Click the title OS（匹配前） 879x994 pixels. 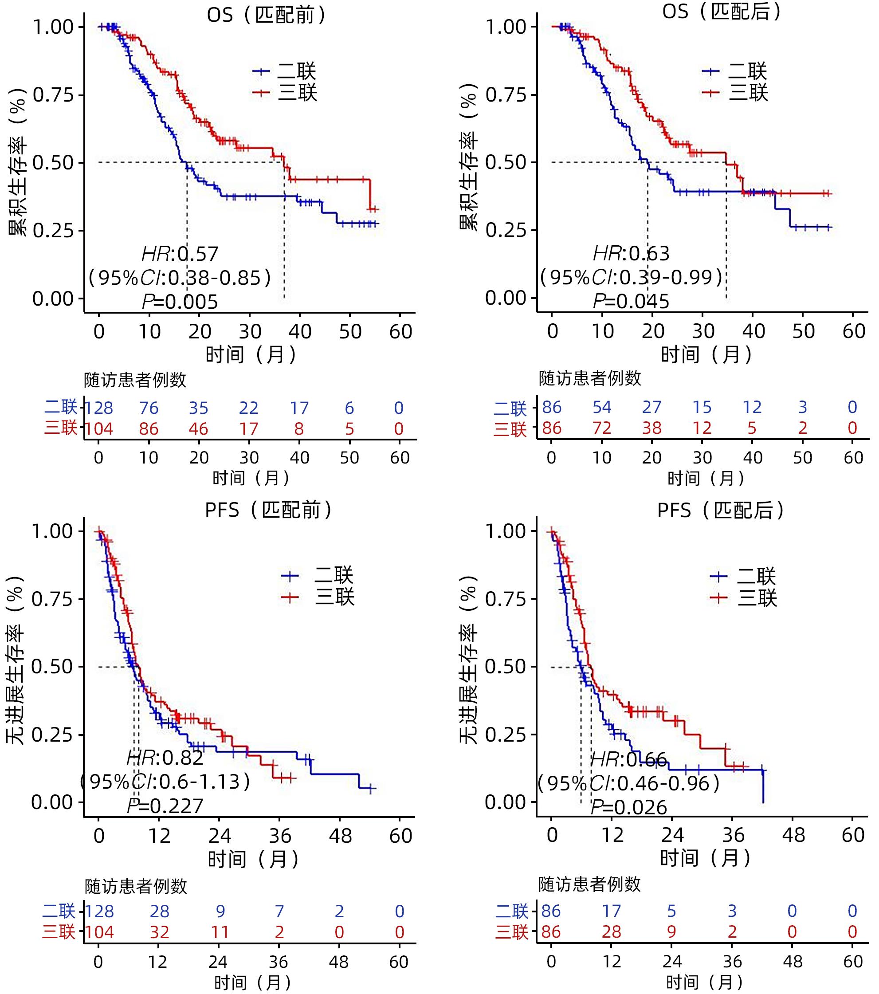tap(266, 15)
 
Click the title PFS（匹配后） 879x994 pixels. tap(720, 510)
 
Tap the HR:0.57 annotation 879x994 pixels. tap(180, 254)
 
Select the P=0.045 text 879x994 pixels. tap(631, 302)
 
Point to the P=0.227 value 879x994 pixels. tap(165, 806)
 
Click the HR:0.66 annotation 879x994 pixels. tap(628, 759)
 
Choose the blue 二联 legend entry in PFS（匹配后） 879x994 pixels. tap(743, 576)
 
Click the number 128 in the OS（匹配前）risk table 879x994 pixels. tap(99, 408)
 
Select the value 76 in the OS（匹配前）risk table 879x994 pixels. tap(149, 408)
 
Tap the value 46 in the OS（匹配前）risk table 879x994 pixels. tap(198, 429)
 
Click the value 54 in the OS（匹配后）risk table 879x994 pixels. tap(602, 407)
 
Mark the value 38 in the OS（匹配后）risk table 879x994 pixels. tap(652, 428)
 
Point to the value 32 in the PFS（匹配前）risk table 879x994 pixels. tap(160, 932)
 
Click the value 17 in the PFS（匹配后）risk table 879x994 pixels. tap(612, 911)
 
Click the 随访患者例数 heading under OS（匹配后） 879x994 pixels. tap(590, 378)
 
